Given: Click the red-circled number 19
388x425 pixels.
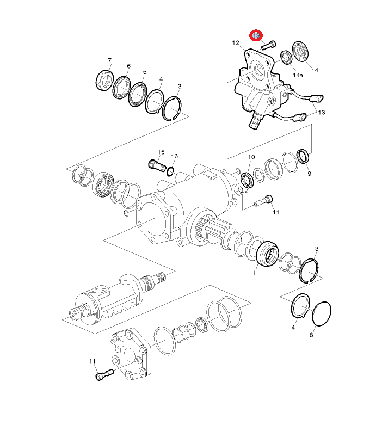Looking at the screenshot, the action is (256, 35).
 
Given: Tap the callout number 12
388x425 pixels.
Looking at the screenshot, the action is (236, 43).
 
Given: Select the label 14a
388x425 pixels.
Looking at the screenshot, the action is (298, 75).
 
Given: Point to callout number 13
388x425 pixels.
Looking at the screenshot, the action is (321, 112).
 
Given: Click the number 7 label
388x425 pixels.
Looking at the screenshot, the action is (109, 60).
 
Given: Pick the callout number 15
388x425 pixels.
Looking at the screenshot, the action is (161, 152).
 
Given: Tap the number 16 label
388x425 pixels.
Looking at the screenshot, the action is (174, 156).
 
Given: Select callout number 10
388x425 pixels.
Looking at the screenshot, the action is (251, 157).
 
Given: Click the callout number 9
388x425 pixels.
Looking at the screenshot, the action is (309, 174).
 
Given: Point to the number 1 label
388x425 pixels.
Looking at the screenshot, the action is (254, 273).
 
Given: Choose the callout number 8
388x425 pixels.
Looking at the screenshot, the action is (311, 335).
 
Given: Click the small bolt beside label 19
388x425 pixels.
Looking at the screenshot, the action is (268, 45).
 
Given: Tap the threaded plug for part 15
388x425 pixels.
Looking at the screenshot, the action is (157, 165).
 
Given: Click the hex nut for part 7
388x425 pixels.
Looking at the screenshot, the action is (105, 80).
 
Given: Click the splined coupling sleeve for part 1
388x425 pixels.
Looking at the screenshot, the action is (267, 254).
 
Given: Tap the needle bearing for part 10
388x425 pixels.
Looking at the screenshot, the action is (247, 180).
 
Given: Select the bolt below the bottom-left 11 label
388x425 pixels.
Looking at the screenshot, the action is (104, 374).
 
